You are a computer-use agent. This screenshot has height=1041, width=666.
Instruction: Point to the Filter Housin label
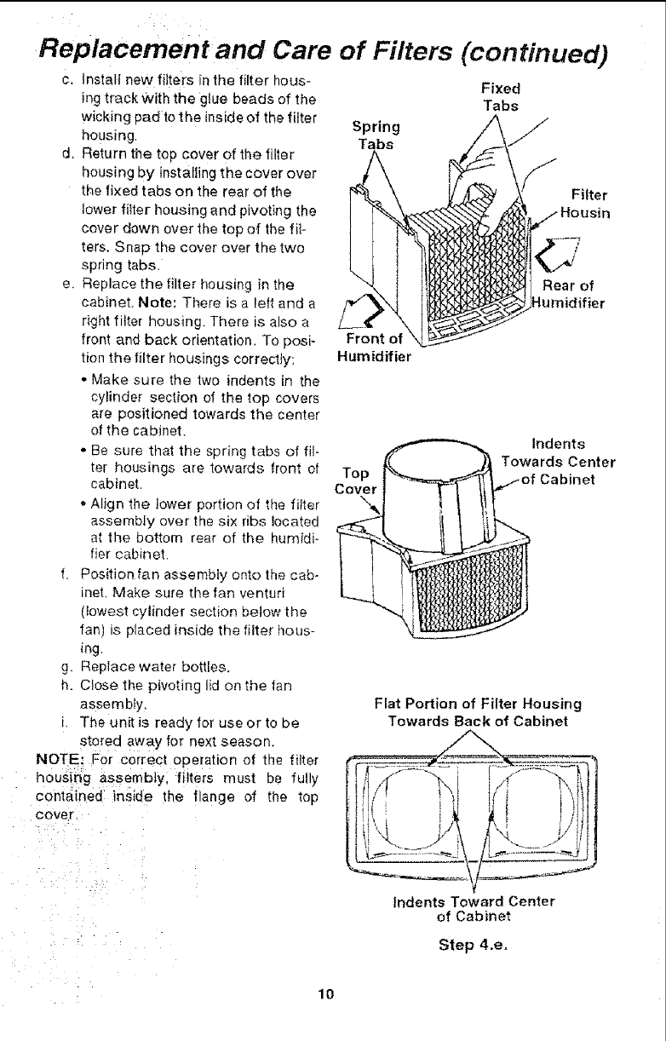(x=584, y=202)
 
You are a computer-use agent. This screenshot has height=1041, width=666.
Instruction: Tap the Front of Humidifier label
(x=375, y=350)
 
